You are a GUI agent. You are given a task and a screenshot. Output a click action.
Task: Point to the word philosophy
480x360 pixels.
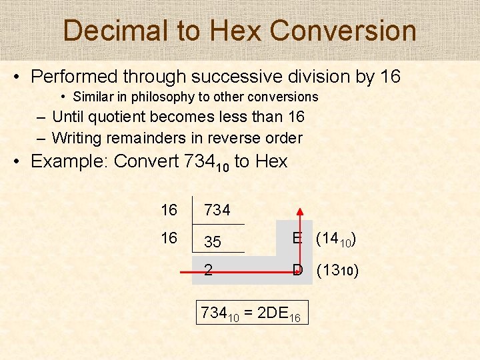click(162, 97)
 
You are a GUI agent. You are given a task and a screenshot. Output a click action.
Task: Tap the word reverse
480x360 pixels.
click(209, 138)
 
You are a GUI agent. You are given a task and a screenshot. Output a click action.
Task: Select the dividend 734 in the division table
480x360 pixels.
click(217, 210)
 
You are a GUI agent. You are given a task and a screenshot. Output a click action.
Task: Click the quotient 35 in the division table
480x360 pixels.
click(213, 242)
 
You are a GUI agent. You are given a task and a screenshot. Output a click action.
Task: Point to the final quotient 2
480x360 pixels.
click(209, 270)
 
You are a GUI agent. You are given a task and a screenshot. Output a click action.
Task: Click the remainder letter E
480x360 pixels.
click(298, 238)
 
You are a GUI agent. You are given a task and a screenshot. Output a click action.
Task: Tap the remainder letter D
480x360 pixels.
click(298, 270)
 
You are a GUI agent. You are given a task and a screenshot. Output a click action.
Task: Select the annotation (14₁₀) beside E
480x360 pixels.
click(335, 239)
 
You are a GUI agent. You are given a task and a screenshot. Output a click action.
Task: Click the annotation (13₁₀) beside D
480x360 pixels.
click(337, 271)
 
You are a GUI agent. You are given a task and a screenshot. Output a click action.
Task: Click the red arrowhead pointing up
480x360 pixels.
click(301, 213)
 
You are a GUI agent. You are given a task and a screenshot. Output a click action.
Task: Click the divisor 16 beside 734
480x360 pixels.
click(169, 210)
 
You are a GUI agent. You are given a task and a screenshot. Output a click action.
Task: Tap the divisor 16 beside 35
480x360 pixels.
click(169, 238)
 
